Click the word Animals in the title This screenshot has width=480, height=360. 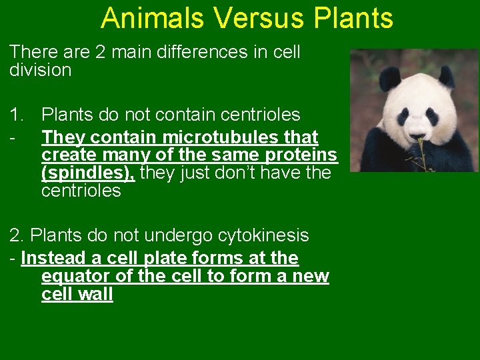(151, 18)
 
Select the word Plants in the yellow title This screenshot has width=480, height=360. (351, 18)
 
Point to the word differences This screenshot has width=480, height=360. (195, 52)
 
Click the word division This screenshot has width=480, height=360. (41, 70)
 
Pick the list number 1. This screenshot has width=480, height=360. (15, 115)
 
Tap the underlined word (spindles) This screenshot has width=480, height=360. (88, 173)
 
